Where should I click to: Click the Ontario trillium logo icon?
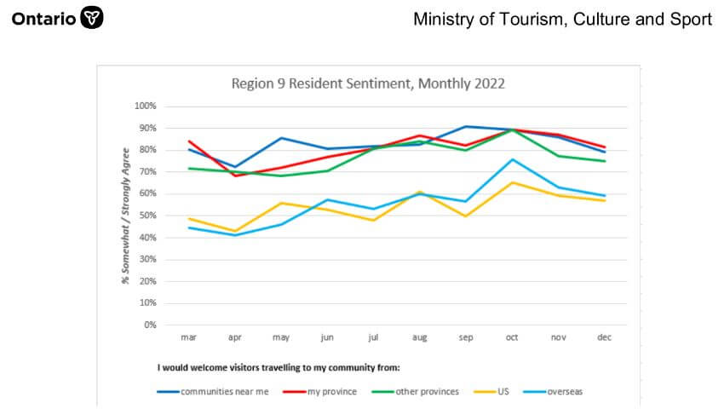[x=91, y=18]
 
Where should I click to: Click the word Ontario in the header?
[x=43, y=18]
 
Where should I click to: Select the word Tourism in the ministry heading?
[x=525, y=19]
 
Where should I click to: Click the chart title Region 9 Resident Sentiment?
[x=368, y=83]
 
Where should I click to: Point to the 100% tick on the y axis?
[x=146, y=106]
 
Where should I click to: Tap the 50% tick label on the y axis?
[x=147, y=216]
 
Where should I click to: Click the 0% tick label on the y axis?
[x=150, y=325]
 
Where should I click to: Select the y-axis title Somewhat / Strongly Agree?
[x=126, y=214]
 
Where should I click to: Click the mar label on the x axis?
[x=189, y=337]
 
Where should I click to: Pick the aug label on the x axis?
[x=420, y=337]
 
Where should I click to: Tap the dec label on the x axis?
[x=605, y=337]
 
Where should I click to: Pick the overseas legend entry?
[x=554, y=392]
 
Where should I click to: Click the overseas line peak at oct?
[x=512, y=159]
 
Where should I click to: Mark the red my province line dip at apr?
[x=235, y=175]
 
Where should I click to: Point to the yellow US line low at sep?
[x=466, y=216]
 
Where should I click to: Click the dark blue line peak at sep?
[x=466, y=126]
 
